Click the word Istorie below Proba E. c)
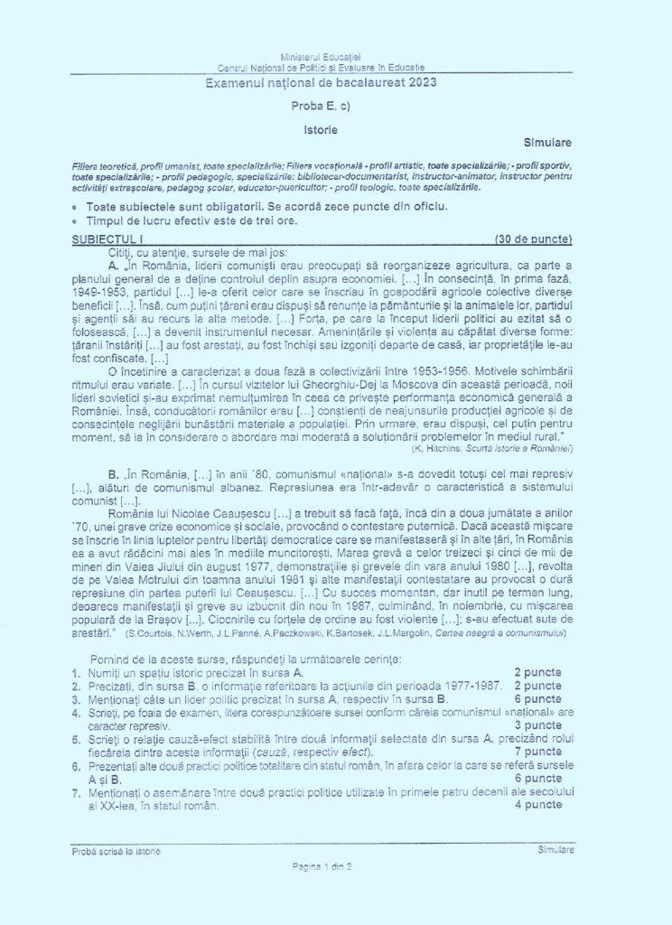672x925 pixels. (x=321, y=129)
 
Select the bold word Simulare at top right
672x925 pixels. (x=547, y=143)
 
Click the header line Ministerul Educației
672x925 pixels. (x=321, y=57)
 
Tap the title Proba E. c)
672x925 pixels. (x=321, y=106)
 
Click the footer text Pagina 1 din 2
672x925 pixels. (x=321, y=866)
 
